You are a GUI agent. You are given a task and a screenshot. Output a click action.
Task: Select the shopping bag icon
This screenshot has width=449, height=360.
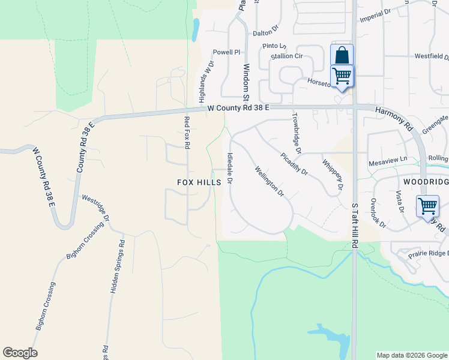click(342, 56)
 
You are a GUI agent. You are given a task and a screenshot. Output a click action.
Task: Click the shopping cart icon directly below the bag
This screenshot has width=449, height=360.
click(342, 76)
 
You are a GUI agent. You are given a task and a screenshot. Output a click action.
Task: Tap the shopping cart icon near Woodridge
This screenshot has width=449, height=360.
click(427, 206)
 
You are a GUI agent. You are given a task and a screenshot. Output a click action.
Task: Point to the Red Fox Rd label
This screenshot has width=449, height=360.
click(187, 133)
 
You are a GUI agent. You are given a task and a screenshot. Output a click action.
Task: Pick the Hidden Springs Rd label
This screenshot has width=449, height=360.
click(118, 266)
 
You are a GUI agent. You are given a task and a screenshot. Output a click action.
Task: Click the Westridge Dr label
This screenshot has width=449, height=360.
click(95, 207)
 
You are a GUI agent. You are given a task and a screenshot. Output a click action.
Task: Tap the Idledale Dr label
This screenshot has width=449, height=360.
click(230, 167)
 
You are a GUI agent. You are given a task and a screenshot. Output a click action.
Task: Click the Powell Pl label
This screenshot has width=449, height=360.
click(226, 52)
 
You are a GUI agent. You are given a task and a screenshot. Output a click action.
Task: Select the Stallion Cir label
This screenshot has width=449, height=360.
click(286, 56)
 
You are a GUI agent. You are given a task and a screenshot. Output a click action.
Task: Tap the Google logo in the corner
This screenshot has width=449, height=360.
click(20, 353)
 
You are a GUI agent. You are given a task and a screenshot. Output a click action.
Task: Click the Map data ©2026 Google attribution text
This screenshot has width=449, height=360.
click(411, 355)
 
